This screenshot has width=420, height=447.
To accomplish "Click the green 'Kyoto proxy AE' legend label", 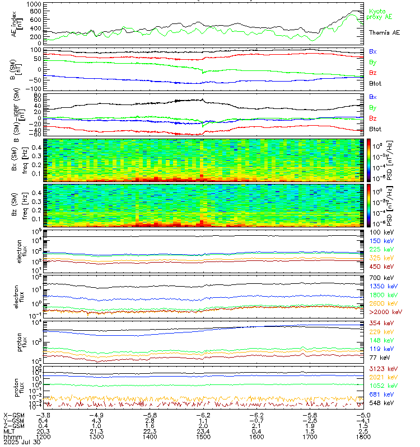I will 381,14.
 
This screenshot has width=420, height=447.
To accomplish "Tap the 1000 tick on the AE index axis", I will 33,4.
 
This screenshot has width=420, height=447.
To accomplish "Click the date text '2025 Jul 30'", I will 18,441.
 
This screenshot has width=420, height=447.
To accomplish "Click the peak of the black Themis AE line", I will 354,11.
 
